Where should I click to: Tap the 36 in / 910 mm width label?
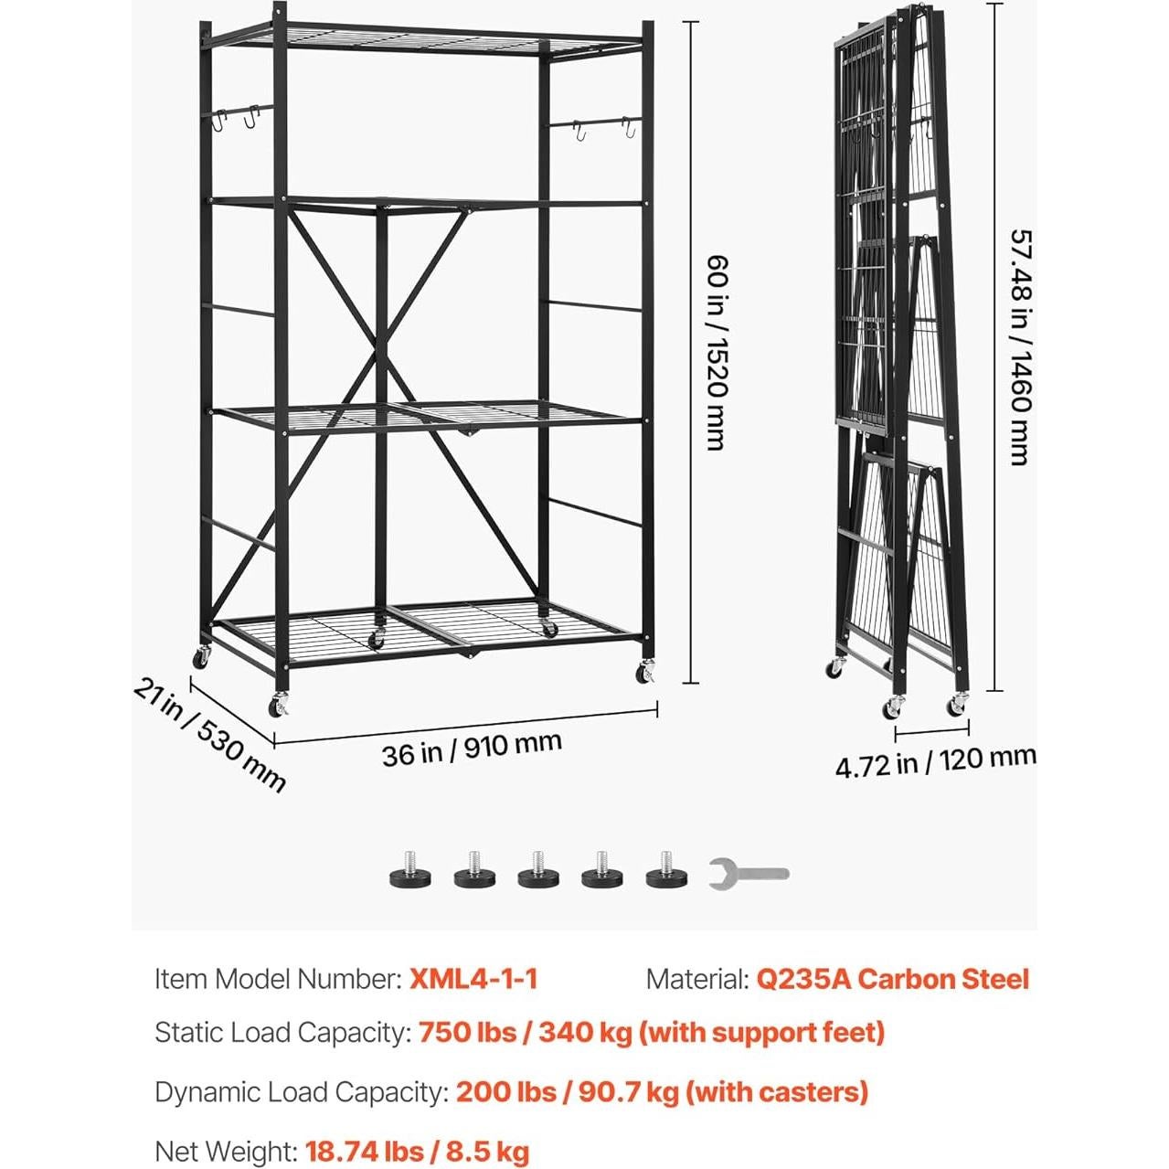[x=472, y=749]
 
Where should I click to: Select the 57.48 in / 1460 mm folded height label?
[x=1020, y=347]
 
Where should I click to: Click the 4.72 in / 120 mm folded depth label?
[x=935, y=761]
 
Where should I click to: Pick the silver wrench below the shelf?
[x=748, y=875]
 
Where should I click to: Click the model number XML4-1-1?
[x=473, y=979]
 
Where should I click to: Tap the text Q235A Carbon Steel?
[x=892, y=979]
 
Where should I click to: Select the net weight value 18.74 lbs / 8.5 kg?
[x=418, y=1152]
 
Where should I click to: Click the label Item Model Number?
[x=278, y=979]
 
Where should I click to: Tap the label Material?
[x=696, y=979]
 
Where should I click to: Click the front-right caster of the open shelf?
[x=646, y=674]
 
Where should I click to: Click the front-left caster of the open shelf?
[x=278, y=705]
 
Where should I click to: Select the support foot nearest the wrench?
[x=664, y=872]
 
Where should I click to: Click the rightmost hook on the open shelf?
[x=627, y=129]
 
